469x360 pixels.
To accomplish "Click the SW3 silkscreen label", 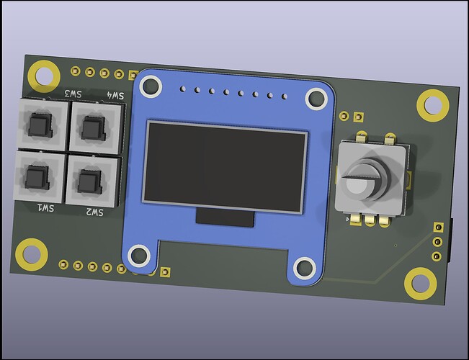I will [x=73, y=94].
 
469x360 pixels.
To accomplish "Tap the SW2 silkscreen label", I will [x=95, y=212].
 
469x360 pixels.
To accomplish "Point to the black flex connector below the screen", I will [x=225, y=217].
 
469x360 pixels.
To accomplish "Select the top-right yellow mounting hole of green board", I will [x=432, y=106].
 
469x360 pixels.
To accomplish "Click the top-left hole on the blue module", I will [x=151, y=87].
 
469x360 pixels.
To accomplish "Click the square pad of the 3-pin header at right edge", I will [x=437, y=228].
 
